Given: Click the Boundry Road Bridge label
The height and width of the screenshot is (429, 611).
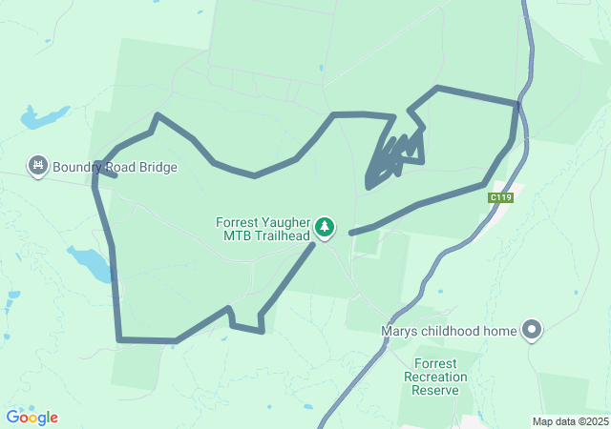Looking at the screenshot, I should click(115, 167).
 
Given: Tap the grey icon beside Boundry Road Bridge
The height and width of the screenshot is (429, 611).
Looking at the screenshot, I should click(39, 166).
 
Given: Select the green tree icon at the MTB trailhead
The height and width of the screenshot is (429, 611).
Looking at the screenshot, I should click(327, 227).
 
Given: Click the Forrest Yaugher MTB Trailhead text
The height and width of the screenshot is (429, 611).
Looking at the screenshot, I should click(263, 229).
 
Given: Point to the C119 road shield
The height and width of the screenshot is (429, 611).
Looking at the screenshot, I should click(500, 197).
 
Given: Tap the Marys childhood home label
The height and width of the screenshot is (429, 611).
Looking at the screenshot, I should click(448, 332).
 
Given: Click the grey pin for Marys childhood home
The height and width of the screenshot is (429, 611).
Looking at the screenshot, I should click(532, 331).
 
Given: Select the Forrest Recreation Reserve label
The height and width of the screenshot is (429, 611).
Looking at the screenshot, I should click(442, 377).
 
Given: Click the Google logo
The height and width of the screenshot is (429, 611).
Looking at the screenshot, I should click(32, 418).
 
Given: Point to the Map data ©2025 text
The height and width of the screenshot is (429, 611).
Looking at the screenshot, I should click(570, 421).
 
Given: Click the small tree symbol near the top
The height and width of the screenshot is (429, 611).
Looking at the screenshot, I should click(322, 68).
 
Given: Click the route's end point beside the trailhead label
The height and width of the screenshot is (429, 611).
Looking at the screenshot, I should click(352, 233).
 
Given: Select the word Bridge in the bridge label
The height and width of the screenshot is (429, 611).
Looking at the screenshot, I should click(158, 167).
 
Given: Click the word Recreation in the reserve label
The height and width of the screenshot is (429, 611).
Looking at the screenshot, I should click(441, 377).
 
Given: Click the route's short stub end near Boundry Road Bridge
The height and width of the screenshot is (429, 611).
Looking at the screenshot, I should click(115, 175).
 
